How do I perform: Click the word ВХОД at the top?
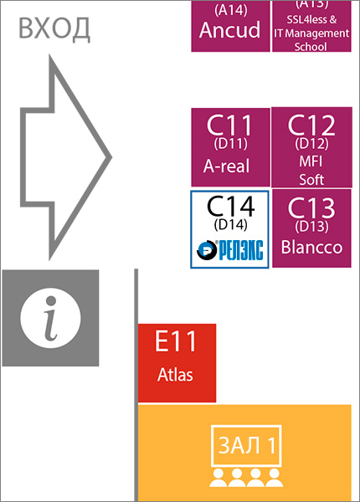(54, 29)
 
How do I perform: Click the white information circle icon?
(50, 318)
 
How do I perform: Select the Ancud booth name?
(229, 30)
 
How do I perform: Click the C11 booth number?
(229, 125)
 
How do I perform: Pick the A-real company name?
(226, 166)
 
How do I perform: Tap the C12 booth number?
(311, 125)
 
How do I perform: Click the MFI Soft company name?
(311, 171)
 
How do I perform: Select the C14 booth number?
(230, 207)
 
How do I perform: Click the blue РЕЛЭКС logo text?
(241, 250)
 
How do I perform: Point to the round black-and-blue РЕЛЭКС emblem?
(207, 250)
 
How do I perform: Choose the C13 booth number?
(311, 208)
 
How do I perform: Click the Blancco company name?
(312, 247)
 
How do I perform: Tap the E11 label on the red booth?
(176, 341)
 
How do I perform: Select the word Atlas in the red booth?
(175, 374)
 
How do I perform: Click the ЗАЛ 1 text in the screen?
(247, 445)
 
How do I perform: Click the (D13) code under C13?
(311, 227)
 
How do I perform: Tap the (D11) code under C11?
(230, 144)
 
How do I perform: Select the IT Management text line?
(311, 33)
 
